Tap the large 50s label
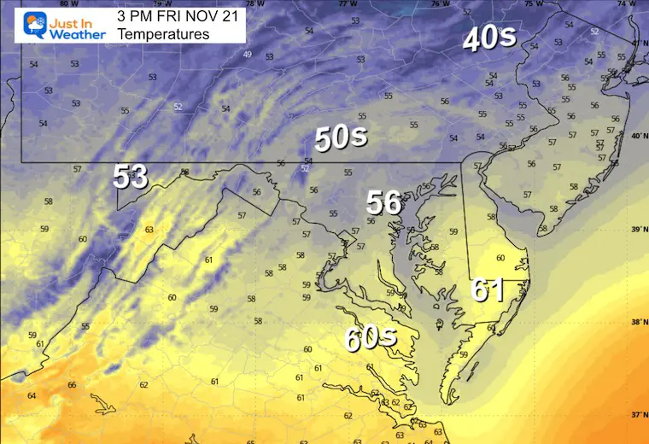341,137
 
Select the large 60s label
371,338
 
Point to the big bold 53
131,177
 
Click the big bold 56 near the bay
384,202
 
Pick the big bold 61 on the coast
487,291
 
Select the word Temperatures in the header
163,34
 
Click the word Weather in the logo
77,34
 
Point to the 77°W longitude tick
348,4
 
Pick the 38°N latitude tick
638,323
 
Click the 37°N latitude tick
638,415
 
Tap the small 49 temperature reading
248,55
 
